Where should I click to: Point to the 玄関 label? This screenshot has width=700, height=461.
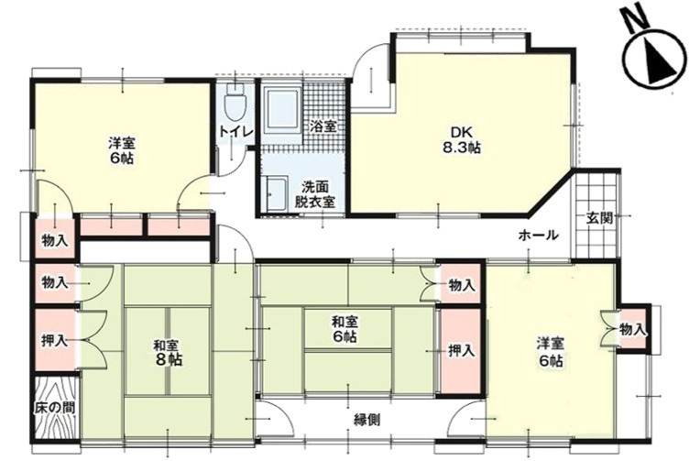click(x=598, y=218)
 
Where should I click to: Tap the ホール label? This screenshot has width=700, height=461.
click(x=539, y=235)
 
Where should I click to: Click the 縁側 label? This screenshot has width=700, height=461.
click(x=367, y=420)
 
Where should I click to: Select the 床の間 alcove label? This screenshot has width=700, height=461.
click(x=55, y=408)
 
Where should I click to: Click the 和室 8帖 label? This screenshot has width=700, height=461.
click(x=169, y=352)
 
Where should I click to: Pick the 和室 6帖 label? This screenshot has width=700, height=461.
click(x=345, y=329)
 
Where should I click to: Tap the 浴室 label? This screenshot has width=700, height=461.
click(x=323, y=126)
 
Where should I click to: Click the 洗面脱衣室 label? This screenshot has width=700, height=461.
click(x=315, y=193)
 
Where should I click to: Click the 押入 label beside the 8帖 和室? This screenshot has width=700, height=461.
click(x=54, y=341)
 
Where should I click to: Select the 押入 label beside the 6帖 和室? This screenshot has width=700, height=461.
click(x=461, y=351)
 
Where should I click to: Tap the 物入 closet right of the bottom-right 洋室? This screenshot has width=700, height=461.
click(x=632, y=331)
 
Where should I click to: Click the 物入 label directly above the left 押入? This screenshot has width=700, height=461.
click(x=55, y=282)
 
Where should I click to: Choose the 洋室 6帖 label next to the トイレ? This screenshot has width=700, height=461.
click(x=122, y=150)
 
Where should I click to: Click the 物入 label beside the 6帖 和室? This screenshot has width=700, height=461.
click(x=462, y=285)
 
